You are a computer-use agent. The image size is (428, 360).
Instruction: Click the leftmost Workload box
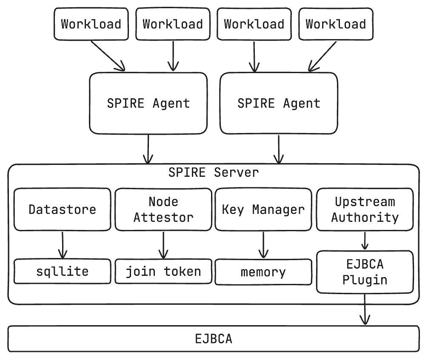[91, 24]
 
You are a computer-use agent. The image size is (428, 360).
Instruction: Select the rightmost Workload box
[336, 24]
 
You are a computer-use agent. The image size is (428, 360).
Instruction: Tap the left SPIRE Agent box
[148, 103]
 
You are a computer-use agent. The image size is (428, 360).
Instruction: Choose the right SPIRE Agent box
[279, 103]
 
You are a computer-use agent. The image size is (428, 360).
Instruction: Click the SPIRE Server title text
[213, 173]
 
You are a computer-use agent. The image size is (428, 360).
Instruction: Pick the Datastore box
[63, 210]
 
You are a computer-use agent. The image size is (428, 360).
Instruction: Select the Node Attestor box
[163, 210]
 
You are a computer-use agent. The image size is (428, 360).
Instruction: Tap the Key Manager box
[263, 210]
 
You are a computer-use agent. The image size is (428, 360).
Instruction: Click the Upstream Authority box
[365, 210]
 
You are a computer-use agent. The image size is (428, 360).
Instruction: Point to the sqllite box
[63, 272]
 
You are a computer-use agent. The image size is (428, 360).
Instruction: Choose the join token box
[163, 272]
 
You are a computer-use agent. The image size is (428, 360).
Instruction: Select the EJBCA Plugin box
[365, 272]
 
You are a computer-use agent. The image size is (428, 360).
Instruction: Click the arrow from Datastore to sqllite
[63, 245]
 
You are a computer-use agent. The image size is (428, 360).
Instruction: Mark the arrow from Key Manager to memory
[263, 245]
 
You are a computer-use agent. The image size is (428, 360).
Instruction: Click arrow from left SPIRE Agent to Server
[148, 149]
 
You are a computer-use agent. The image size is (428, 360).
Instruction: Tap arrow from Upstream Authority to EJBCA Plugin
[365, 241]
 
